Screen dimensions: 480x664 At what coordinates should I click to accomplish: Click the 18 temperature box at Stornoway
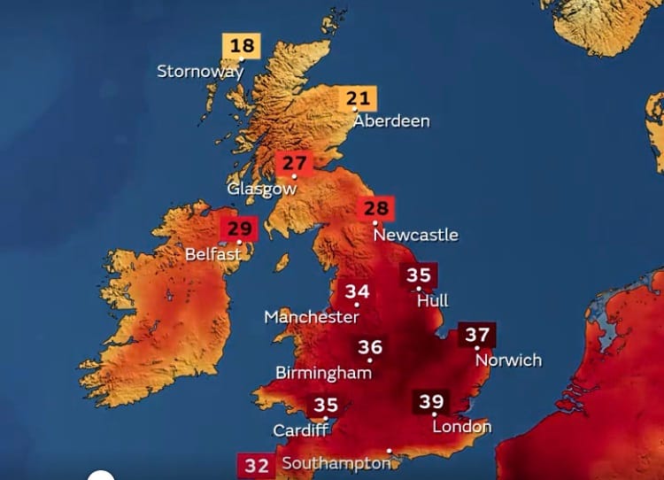[241, 46]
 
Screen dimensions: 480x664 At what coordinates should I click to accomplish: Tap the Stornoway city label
[199, 72]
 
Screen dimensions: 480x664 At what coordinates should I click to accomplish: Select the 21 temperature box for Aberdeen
[358, 98]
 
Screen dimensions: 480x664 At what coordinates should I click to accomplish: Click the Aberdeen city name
[391, 121]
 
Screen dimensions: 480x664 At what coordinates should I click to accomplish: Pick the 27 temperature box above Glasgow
[294, 164]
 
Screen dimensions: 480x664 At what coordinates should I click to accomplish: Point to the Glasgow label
[262, 189]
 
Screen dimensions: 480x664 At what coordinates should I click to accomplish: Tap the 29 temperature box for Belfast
[239, 228]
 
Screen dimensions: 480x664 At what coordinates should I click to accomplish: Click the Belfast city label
[213, 254]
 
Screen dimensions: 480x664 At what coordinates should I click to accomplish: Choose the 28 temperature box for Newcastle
[376, 209]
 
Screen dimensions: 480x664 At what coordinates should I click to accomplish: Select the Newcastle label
[415, 235]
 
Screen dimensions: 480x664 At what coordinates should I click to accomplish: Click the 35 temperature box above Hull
[418, 275]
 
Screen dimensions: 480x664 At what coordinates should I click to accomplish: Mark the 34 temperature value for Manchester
[357, 292]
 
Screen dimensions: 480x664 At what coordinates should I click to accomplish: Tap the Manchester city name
[312, 317]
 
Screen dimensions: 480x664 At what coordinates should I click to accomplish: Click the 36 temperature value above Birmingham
[370, 347]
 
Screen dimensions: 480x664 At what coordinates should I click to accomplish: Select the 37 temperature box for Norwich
[477, 336]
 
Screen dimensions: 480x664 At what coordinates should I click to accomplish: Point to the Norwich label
[508, 360]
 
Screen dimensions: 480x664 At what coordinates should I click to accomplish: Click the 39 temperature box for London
[431, 401]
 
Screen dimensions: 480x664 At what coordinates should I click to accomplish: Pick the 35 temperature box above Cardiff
[325, 406]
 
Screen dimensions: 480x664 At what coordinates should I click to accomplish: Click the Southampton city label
[336, 463]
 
